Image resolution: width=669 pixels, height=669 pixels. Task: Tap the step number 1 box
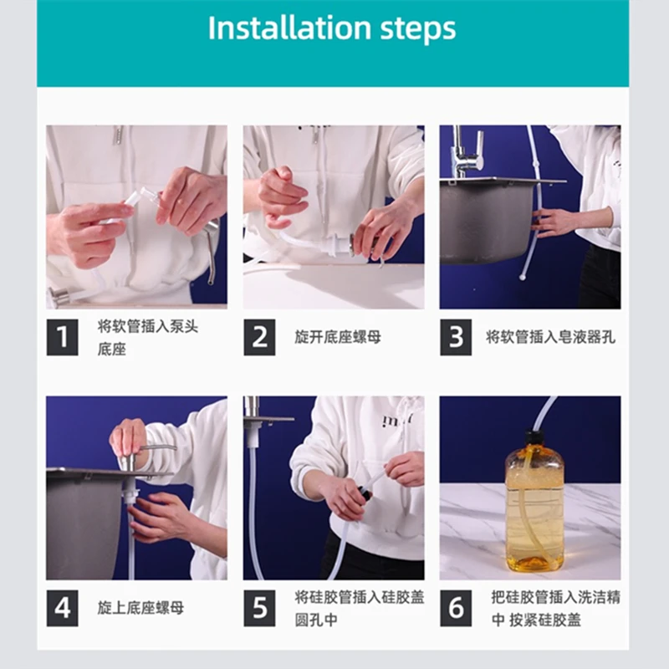[62, 337]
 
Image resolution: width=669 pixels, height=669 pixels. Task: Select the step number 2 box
[259, 337]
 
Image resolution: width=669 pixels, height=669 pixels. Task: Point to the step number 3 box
[456, 337]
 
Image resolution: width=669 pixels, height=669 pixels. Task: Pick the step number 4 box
[62, 608]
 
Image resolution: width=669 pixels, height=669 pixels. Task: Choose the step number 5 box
[259, 608]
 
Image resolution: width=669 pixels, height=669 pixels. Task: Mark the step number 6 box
[456, 608]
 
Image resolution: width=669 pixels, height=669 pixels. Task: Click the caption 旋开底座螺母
[338, 337]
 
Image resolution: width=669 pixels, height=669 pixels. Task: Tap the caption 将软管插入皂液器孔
[550, 337]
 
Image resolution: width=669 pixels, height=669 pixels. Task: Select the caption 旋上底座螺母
[140, 608]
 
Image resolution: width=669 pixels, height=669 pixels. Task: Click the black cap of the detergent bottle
[534, 437]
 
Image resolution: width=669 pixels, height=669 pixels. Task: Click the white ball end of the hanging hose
[523, 278]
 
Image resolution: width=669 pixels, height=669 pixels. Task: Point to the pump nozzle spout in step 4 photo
[158, 447]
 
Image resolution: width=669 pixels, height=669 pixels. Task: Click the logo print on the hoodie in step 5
[397, 420]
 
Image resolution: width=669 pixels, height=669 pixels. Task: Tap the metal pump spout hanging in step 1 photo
[211, 251]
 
